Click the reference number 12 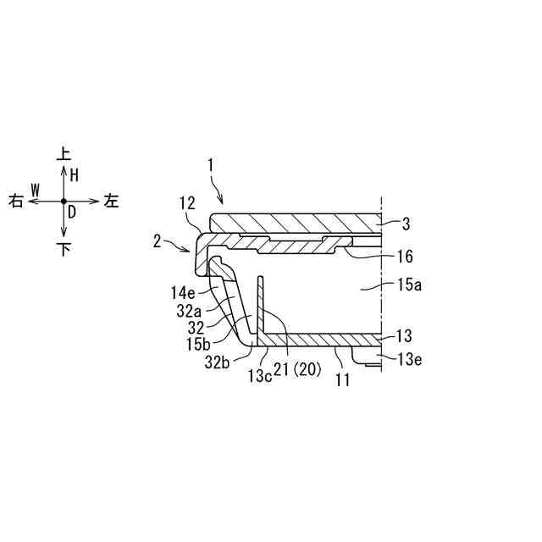coord(188,203)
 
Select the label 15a coord(409,285)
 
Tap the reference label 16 coord(406,257)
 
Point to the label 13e coord(409,360)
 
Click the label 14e coord(183,294)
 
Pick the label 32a coord(189,311)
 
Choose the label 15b coord(198,344)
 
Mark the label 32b coord(217,362)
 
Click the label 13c coord(260,376)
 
